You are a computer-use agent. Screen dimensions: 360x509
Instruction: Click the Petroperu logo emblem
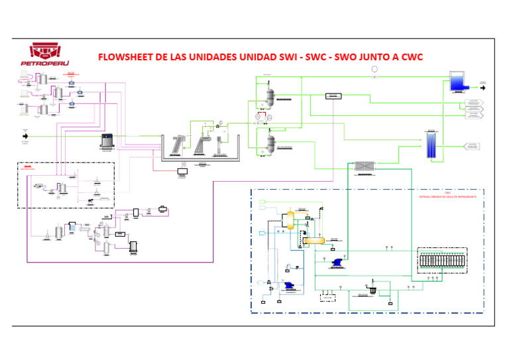(48, 51)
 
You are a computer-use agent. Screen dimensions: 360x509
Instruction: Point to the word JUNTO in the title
(390, 56)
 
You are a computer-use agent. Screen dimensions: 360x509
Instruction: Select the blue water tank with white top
(457, 81)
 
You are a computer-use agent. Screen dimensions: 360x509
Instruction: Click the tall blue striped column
(431, 145)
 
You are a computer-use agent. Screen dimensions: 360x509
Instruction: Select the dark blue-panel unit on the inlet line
(107, 141)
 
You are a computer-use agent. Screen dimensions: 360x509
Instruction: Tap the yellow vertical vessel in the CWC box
(290, 221)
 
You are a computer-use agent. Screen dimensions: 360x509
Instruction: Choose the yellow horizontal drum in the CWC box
(315, 240)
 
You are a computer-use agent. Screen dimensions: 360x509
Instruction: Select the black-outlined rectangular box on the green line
(334, 96)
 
